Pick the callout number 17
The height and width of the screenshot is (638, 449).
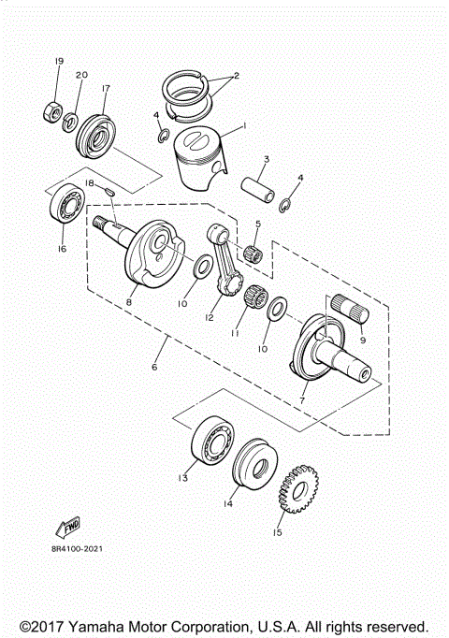(x=105, y=89)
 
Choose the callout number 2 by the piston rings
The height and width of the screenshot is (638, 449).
(x=237, y=76)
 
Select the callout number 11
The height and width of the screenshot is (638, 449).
(x=236, y=333)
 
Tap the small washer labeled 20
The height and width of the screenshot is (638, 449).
(x=70, y=121)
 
